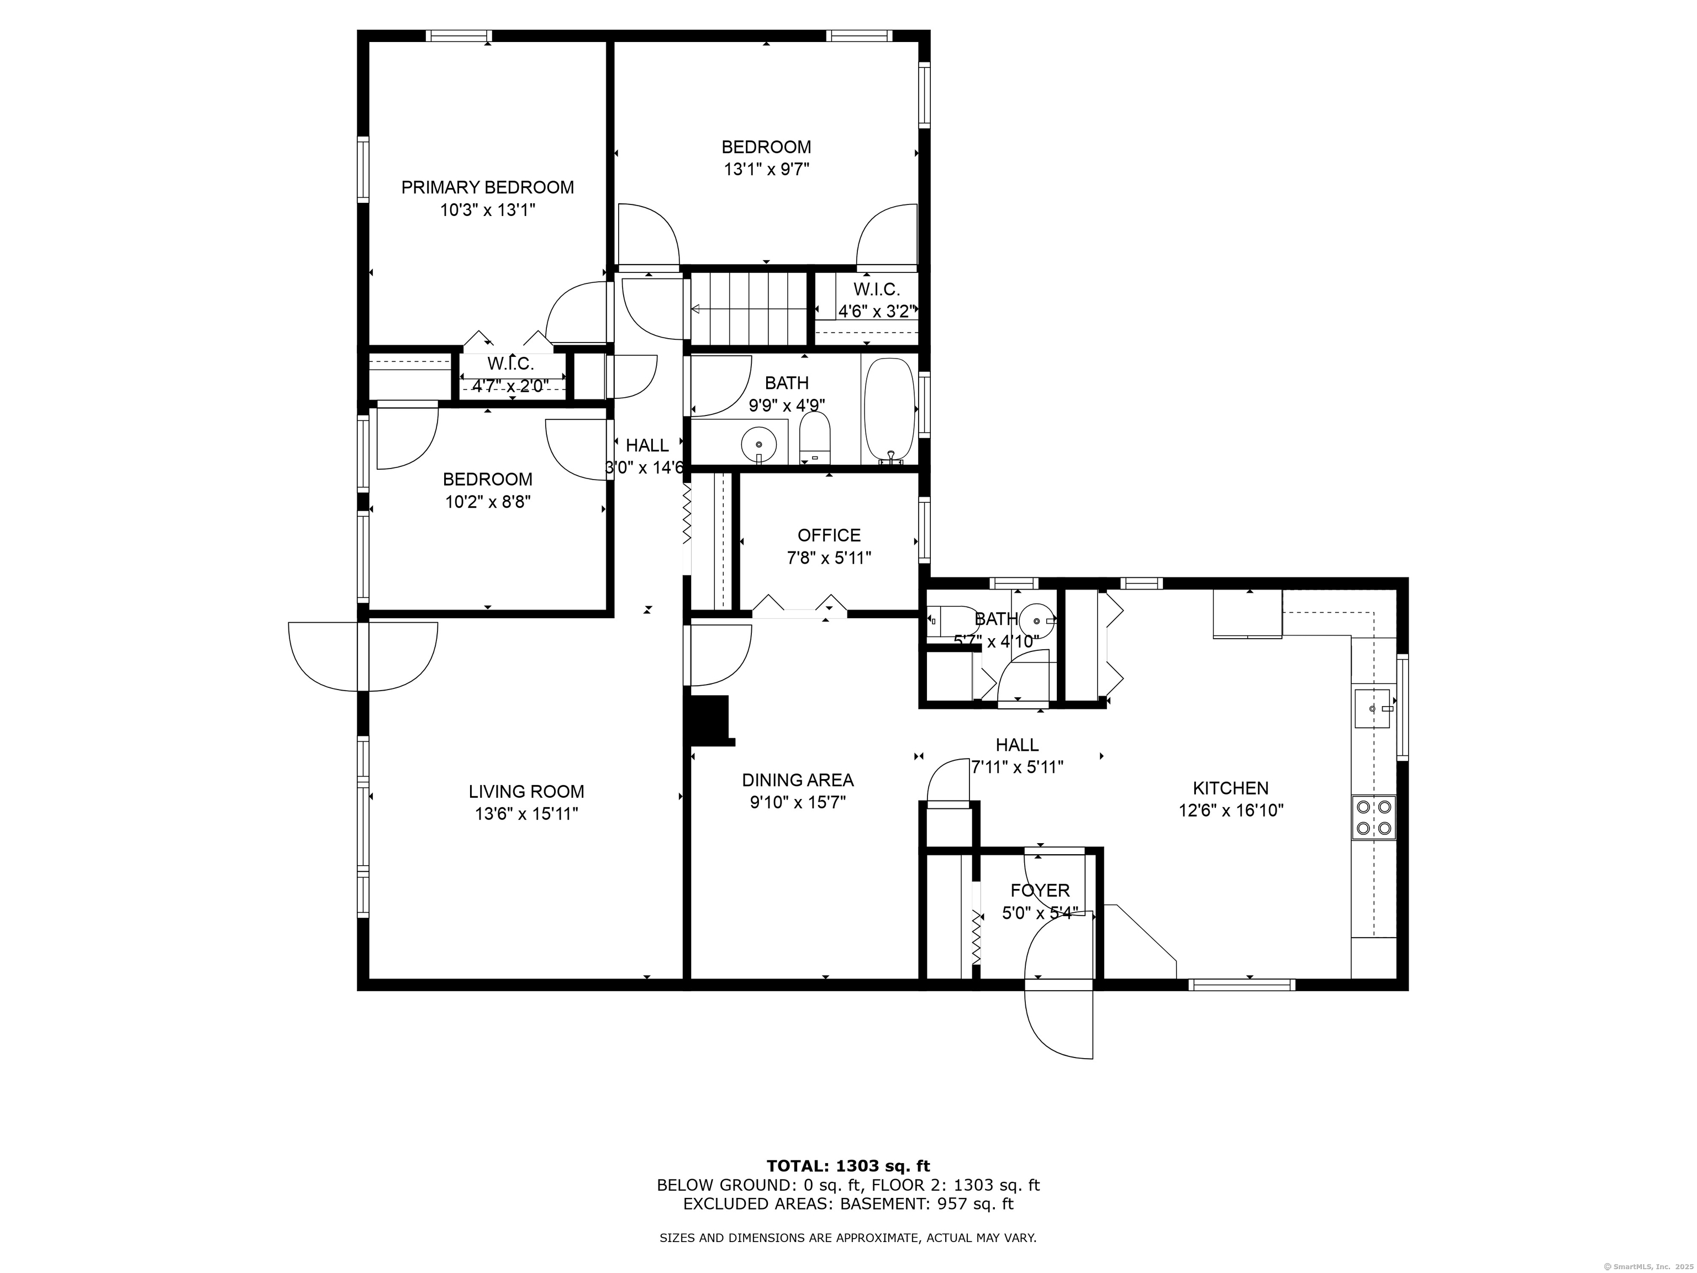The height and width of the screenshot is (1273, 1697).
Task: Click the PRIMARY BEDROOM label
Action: tap(487, 187)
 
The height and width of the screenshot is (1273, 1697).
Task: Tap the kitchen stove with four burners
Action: tap(1373, 817)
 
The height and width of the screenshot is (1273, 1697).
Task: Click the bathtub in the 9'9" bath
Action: tap(889, 411)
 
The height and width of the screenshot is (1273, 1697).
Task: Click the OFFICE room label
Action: tap(829, 535)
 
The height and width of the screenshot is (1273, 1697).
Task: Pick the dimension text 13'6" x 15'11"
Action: tap(526, 813)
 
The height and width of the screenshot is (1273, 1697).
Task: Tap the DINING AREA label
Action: tap(797, 780)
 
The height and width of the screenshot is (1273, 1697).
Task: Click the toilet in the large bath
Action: tap(815, 439)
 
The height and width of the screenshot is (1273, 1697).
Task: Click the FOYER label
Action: tap(1040, 890)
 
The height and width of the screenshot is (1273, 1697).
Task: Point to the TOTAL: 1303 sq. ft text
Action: tap(848, 1166)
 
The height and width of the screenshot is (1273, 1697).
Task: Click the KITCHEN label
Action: tap(1231, 788)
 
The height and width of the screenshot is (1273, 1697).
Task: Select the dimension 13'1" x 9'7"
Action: tap(766, 169)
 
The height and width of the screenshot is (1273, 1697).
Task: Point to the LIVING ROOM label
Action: tap(526, 791)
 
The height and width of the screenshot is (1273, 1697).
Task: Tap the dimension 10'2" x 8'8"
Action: tap(488, 502)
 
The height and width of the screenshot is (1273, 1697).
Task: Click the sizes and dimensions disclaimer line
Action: tap(848, 1238)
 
